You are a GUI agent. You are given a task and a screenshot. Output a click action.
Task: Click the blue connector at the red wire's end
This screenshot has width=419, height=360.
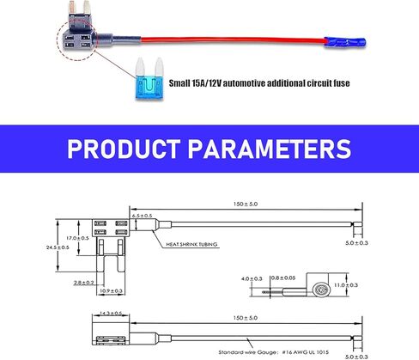click(x=345, y=43)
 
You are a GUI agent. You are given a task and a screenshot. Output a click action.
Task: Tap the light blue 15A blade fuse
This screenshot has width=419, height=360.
click(x=149, y=79)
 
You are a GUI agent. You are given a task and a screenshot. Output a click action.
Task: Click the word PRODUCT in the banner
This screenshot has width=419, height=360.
click(x=124, y=149)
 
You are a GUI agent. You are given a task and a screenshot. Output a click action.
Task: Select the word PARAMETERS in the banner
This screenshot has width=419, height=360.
click(x=270, y=149)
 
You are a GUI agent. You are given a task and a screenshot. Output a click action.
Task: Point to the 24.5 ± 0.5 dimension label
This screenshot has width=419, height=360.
click(x=58, y=247)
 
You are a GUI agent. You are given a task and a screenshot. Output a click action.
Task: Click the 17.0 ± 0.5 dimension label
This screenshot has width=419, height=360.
click(x=77, y=238)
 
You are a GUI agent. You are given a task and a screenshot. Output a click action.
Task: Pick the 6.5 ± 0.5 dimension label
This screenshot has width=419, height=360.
click(x=142, y=216)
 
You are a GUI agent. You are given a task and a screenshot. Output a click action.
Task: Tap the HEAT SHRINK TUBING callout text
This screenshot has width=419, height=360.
click(x=191, y=244)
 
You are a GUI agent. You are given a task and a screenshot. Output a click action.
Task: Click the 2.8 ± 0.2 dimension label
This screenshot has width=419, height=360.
click(x=84, y=283)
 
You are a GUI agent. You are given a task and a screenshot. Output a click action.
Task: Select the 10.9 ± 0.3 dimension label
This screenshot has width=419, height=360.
click(x=111, y=291)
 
